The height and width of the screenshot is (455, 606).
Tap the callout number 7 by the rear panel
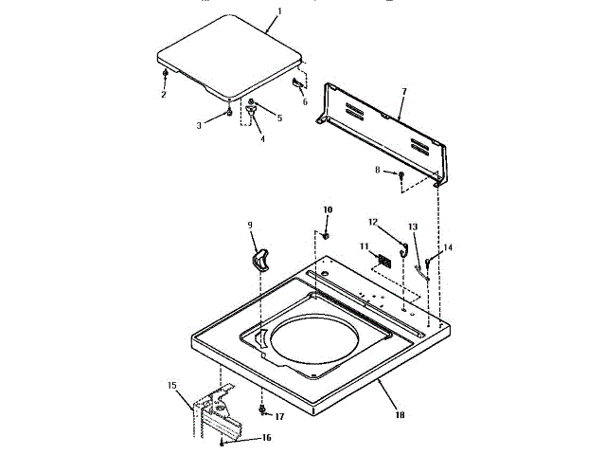tap(403, 91)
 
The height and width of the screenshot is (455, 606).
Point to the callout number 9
tap(250, 225)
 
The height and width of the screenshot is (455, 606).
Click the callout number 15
tap(172, 385)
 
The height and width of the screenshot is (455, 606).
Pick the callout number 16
tap(267, 437)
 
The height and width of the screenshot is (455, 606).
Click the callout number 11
tap(364, 246)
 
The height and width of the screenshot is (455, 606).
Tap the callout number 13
tap(412, 227)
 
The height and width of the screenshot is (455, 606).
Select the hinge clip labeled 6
tap(297, 87)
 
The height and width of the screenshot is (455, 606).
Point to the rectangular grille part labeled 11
tap(384, 260)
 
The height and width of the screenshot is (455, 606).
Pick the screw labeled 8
tap(402, 175)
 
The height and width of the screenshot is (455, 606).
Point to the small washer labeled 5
tap(251, 101)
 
